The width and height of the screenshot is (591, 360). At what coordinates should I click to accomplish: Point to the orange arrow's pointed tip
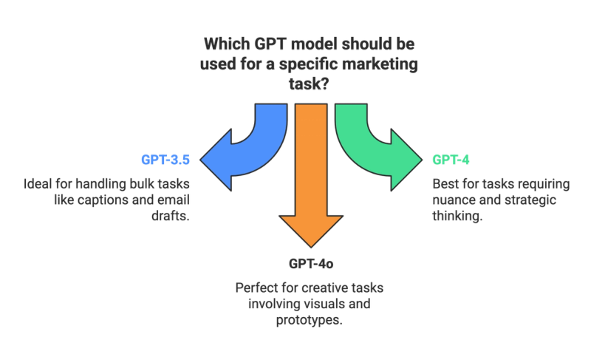click(311, 245)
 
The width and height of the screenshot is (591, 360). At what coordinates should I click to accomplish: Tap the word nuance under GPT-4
click(450, 200)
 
